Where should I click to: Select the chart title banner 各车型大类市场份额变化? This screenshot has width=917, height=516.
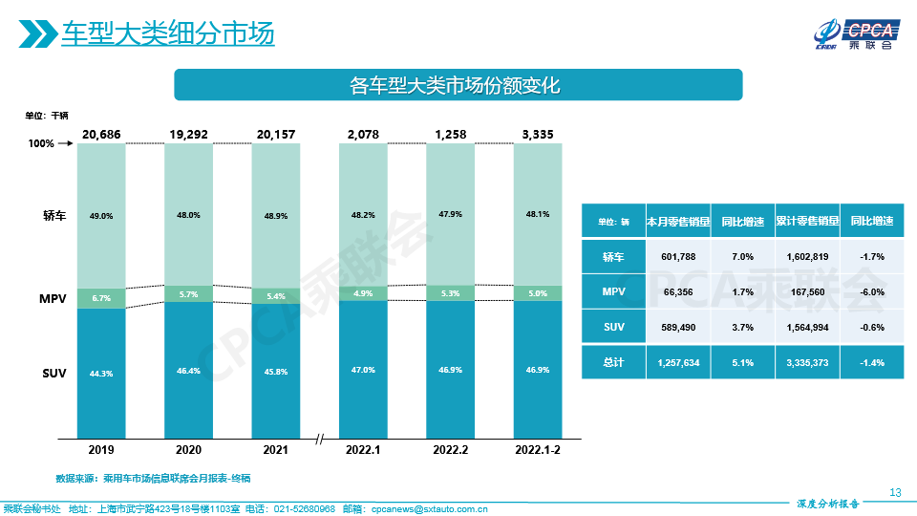click(x=458, y=85)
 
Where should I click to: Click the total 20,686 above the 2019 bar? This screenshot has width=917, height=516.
click(x=101, y=134)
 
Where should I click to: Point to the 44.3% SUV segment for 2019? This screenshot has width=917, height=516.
click(x=101, y=373)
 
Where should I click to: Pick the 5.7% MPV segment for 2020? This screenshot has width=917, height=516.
click(x=188, y=294)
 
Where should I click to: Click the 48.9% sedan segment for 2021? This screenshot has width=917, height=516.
click(x=275, y=216)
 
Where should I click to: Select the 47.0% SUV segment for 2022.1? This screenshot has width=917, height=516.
click(x=364, y=369)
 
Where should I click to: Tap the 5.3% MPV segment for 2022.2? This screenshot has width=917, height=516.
click(x=450, y=293)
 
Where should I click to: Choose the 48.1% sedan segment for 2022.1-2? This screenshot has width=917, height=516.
click(x=538, y=214)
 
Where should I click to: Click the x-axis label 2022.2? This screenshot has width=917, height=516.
click(x=450, y=449)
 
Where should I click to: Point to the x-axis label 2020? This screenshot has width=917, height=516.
click(x=188, y=449)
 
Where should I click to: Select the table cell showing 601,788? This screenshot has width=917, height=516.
click(x=677, y=257)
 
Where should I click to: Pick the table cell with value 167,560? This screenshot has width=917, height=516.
click(x=807, y=291)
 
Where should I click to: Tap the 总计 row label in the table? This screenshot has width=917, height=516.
click(x=613, y=362)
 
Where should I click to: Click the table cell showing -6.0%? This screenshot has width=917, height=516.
click(x=871, y=291)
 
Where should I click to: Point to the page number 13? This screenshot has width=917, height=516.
click(x=895, y=492)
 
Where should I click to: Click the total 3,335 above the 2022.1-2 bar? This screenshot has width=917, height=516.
click(x=538, y=134)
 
